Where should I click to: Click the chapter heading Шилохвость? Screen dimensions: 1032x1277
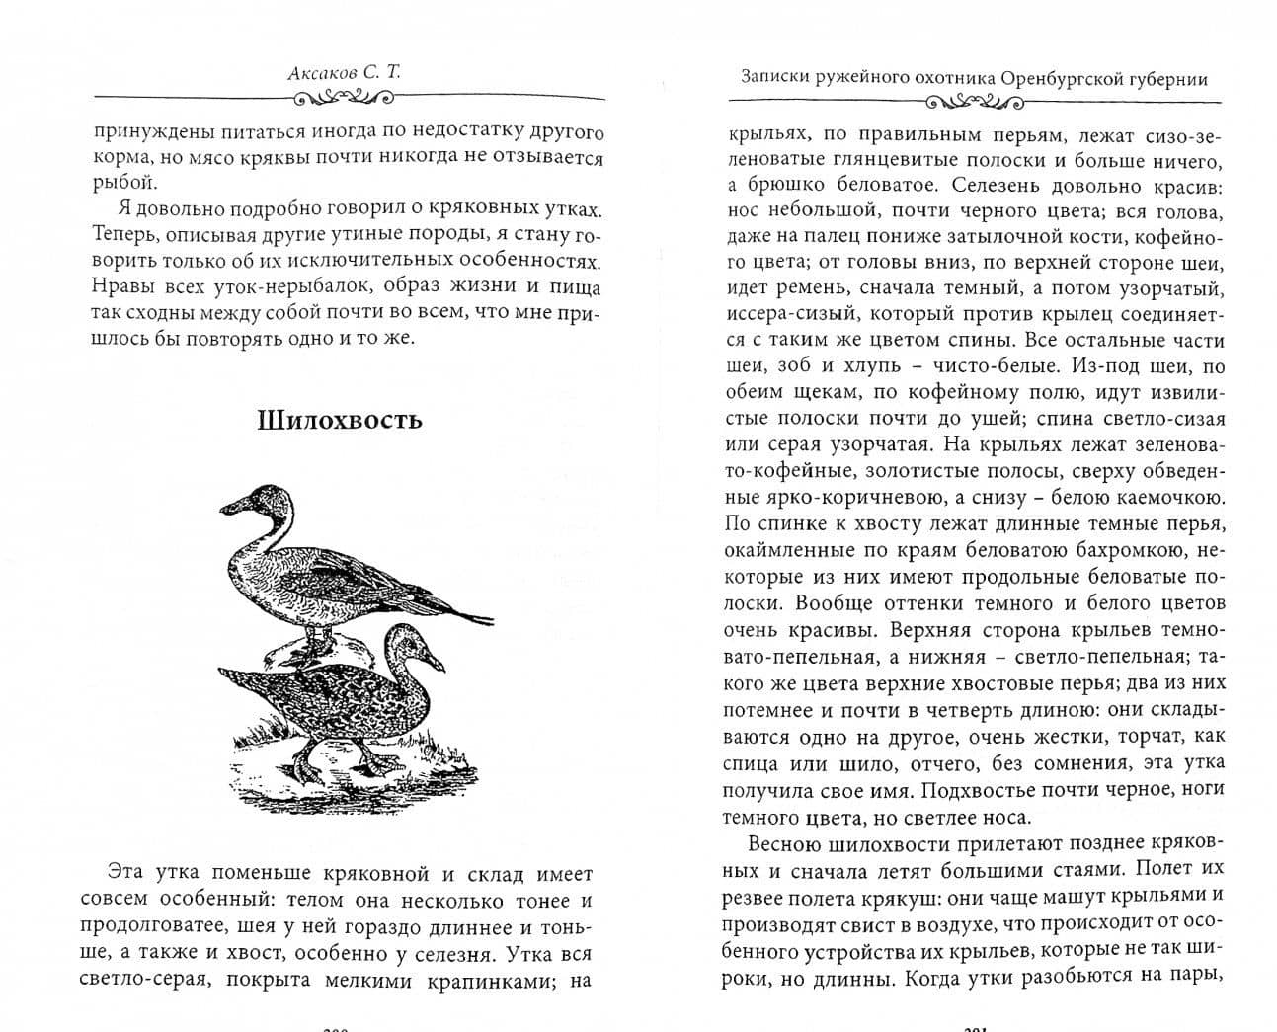coord(339,420)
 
